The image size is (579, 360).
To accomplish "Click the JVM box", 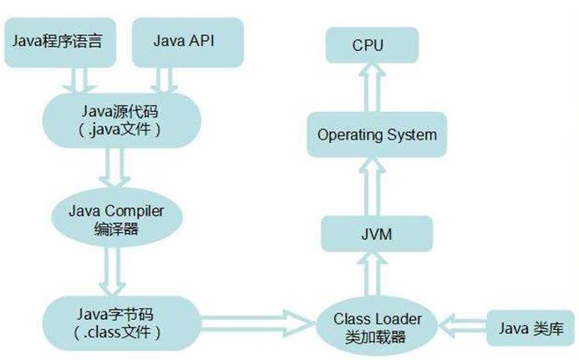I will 378,236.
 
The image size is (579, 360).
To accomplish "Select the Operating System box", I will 378,134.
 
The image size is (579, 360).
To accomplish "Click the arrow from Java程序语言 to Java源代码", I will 80,79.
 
